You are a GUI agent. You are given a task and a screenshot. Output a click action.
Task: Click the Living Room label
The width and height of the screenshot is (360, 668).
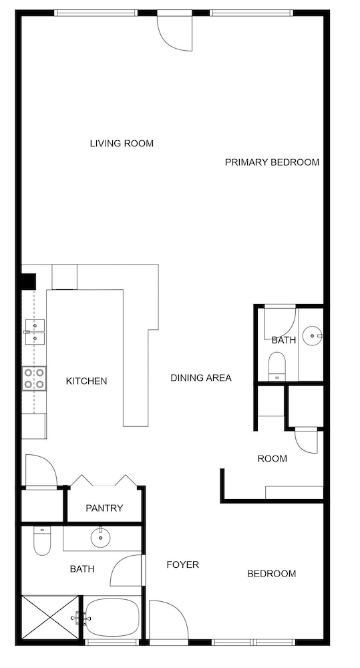[x=122, y=144]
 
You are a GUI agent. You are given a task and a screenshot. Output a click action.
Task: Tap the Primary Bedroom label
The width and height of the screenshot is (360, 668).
[x=272, y=162]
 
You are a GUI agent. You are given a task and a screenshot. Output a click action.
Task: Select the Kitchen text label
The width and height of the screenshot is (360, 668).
[x=86, y=381]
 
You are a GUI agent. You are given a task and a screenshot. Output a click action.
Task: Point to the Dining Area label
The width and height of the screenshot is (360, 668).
[x=201, y=378]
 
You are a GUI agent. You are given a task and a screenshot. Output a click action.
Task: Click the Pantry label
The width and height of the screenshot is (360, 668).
[x=104, y=508]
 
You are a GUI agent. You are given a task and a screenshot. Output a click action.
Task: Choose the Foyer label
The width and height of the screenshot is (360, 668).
[x=182, y=565]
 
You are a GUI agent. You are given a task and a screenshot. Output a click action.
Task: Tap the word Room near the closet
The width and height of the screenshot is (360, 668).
[x=273, y=459]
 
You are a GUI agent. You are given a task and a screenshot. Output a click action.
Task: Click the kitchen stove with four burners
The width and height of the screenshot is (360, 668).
[x=35, y=378]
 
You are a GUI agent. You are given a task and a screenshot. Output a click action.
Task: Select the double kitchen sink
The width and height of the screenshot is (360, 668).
[x=35, y=332]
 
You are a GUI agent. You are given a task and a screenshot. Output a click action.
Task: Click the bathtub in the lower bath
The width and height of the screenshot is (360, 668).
[x=112, y=619]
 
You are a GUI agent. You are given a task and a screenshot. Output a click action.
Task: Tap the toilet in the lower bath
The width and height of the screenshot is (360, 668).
[x=42, y=541]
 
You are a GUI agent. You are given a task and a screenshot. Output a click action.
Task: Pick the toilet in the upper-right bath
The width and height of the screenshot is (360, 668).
[x=277, y=366]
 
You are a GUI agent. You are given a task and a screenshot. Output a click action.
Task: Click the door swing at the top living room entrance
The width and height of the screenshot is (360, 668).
[x=175, y=31]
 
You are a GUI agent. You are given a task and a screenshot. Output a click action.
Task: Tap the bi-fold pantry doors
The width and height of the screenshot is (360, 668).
[x=104, y=480]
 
